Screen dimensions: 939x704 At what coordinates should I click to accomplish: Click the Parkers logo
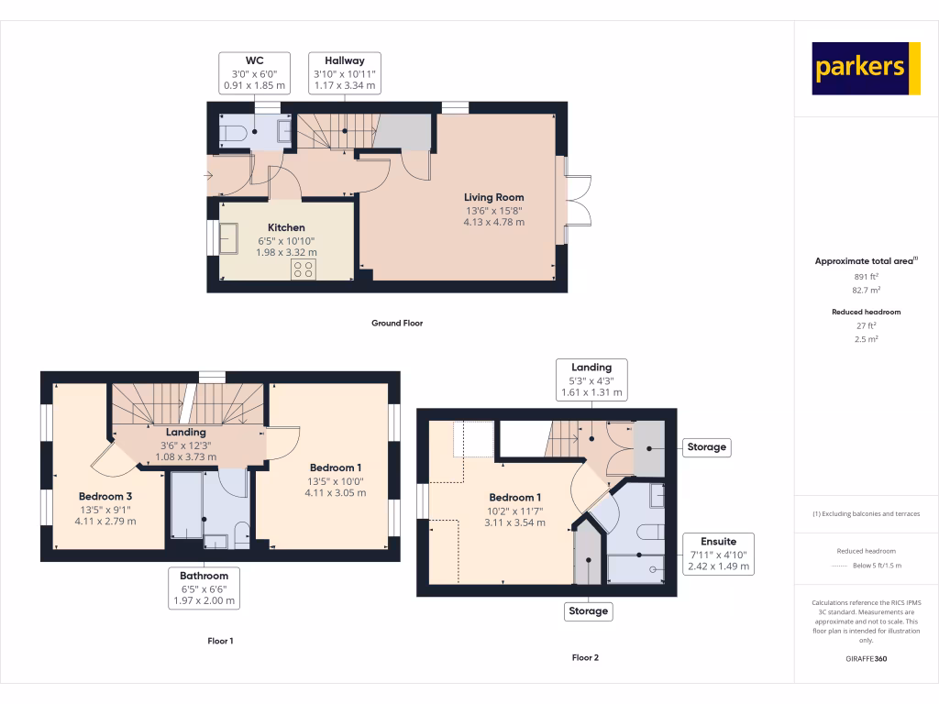pos(866,68)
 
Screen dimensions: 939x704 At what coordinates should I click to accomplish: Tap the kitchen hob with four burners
pos(304,269)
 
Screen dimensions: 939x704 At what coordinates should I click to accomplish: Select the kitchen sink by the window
pos(228,238)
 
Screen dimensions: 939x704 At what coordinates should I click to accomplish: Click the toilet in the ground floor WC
pos(233,133)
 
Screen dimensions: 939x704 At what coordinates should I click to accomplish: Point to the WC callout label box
pos(255,73)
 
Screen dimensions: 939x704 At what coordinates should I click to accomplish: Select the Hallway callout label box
pos(345,73)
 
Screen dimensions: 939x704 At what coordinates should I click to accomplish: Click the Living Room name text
pos(494,197)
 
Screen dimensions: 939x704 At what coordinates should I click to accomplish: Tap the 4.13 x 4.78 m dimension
pos(494,222)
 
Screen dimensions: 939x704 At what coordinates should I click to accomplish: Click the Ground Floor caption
pos(397,324)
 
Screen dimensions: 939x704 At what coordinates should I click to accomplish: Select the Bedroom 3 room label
pos(105,496)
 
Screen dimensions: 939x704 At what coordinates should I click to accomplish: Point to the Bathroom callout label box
pos(204,588)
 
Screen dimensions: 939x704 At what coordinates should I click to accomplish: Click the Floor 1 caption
pos(220,641)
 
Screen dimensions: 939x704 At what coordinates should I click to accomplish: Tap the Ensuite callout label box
pos(719,554)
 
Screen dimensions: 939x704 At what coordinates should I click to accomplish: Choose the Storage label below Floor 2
pos(588,611)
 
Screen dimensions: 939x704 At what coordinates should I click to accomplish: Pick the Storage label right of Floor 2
pos(707,447)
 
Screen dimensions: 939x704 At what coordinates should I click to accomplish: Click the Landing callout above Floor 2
pos(591,379)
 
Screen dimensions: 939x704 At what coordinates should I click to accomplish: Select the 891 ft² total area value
pos(867,277)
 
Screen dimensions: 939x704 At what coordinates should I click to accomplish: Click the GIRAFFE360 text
pos(867,658)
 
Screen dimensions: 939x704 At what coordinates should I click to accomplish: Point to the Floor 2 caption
pos(585,658)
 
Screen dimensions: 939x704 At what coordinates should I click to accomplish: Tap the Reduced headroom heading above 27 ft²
pos(867,312)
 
